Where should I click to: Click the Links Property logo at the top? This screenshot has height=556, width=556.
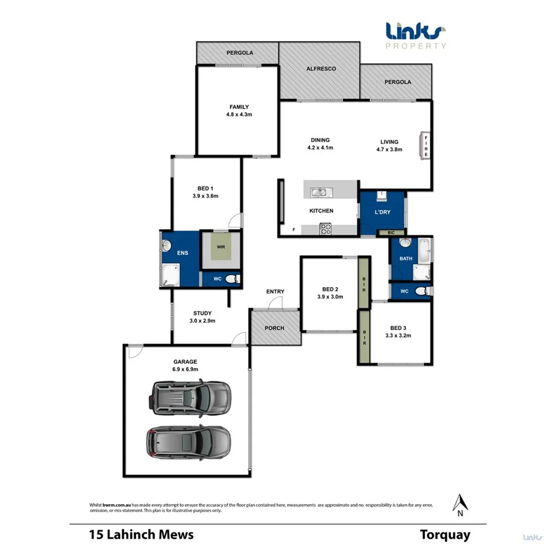click(x=415, y=35)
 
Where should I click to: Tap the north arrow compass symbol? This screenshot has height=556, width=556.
click(x=459, y=503)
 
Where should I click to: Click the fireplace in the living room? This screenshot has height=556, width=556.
click(x=425, y=146)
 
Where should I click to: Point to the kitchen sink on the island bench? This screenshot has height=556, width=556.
click(x=319, y=192)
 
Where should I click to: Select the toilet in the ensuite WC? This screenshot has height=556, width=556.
click(x=231, y=280)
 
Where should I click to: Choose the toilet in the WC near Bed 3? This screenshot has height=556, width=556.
click(x=421, y=291)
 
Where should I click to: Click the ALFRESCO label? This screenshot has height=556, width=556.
click(x=321, y=69)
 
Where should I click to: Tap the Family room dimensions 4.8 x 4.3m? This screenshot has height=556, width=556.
click(x=238, y=115)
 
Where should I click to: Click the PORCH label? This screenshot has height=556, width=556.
click(x=274, y=328)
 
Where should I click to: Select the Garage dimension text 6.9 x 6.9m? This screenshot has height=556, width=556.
click(x=185, y=369)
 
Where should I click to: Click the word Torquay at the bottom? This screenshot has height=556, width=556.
click(x=445, y=535)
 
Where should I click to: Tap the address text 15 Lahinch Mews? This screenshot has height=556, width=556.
click(x=141, y=535)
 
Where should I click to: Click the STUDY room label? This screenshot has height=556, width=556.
click(x=201, y=313)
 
